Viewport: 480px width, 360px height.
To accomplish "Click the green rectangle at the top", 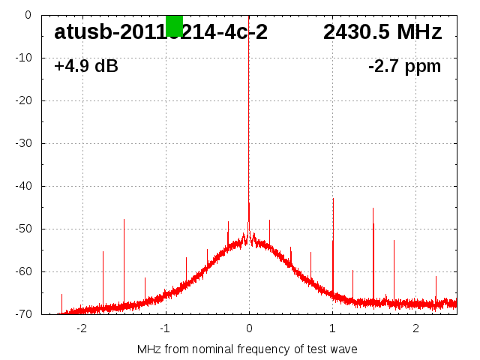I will pos(174,25).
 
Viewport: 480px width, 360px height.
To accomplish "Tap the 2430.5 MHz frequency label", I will pos(382,33).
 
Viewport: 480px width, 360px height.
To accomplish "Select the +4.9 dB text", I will pos(86,67).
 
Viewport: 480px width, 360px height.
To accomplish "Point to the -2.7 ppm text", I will pos(405,67).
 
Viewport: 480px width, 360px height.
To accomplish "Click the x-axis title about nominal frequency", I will pos(247,349).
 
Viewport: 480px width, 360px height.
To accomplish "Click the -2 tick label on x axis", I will pos(81,328).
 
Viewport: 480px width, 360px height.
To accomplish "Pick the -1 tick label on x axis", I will pos(165,328).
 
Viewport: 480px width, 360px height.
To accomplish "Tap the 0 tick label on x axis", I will pos(249,328).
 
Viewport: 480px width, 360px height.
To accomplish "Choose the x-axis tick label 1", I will pos(332,328).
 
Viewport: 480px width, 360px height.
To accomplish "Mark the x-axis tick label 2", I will pos(415,328).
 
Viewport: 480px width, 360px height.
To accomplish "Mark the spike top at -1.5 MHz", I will pos(124,220).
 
